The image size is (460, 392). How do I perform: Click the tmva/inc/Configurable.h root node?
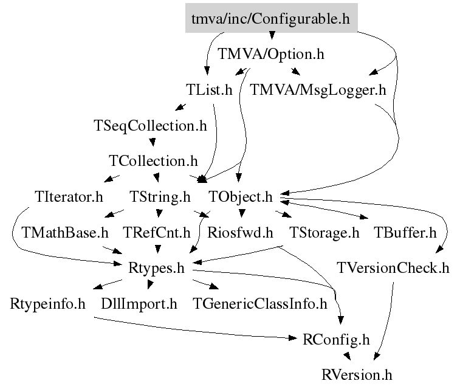point(271,19)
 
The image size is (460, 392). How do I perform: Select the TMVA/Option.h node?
point(271,55)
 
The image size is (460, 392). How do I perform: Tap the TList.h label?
point(209,91)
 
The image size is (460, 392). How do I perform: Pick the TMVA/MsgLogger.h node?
point(318,91)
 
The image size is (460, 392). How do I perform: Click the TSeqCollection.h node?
point(150,126)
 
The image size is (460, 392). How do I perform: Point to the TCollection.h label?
point(153,161)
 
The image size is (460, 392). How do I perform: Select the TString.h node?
point(160,197)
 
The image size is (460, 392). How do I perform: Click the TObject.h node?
point(240,197)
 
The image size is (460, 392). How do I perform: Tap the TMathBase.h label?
point(64,232)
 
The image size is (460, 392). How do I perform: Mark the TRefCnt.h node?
point(157,232)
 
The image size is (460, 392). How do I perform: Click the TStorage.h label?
point(324,232)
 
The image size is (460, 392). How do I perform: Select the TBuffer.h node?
point(405,232)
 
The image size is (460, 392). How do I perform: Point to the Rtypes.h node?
point(157,267)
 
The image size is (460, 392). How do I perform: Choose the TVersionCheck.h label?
point(393,267)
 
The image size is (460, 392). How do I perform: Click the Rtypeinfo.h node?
point(47,303)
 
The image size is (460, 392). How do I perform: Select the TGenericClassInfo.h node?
point(259,303)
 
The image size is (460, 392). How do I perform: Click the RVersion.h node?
point(357,374)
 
